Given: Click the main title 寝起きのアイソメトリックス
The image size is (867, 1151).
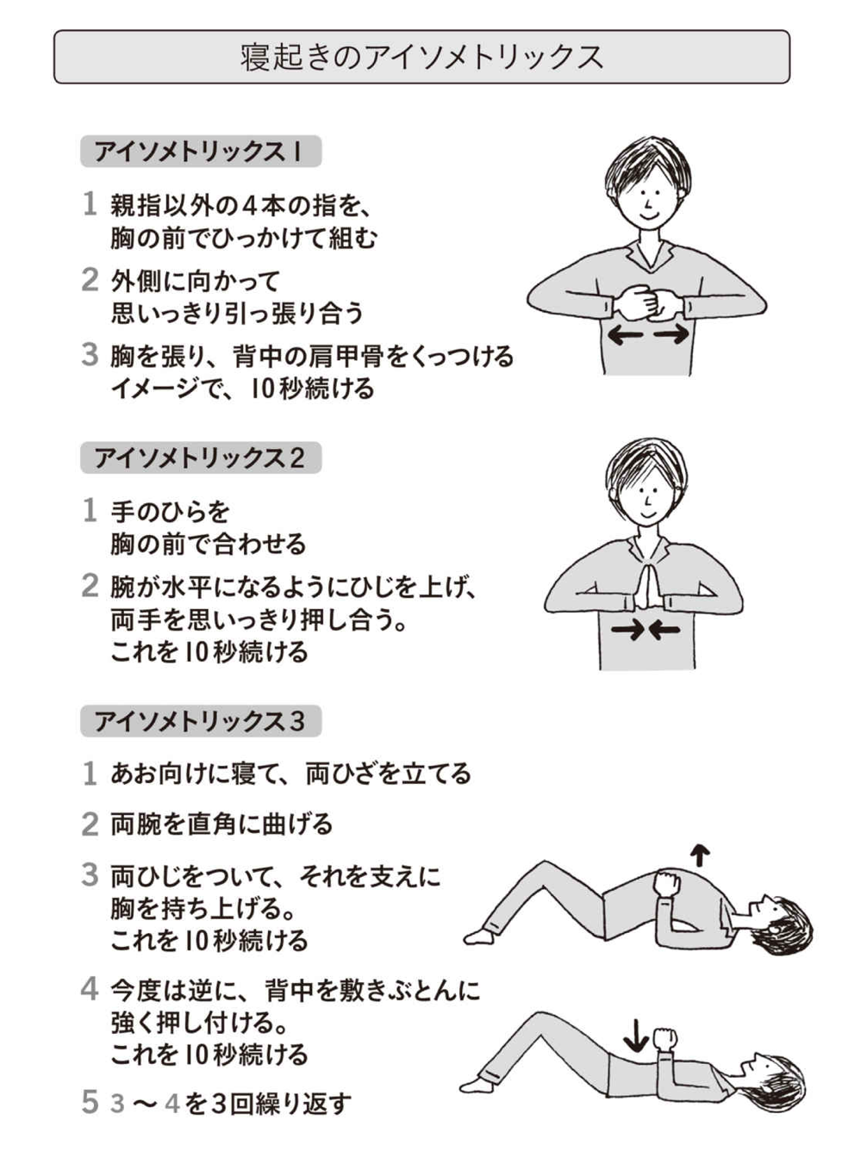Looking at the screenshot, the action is click(x=421, y=57).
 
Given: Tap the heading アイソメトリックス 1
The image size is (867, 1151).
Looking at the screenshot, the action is click(x=199, y=152).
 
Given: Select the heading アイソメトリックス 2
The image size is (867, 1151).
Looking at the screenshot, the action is click(x=200, y=457).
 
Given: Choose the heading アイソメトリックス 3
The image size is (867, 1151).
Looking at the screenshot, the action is click(x=200, y=721).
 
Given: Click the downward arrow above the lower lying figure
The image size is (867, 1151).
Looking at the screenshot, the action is click(x=635, y=1034).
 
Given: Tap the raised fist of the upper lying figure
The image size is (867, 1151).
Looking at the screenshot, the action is click(x=666, y=882).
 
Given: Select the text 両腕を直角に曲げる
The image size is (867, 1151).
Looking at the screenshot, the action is click(x=221, y=824).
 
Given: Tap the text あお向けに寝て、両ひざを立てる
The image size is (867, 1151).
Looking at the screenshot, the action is click(x=290, y=773).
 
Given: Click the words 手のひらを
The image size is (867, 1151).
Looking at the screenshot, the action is click(x=170, y=511).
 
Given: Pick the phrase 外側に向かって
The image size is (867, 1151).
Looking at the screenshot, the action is click(x=195, y=282).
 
